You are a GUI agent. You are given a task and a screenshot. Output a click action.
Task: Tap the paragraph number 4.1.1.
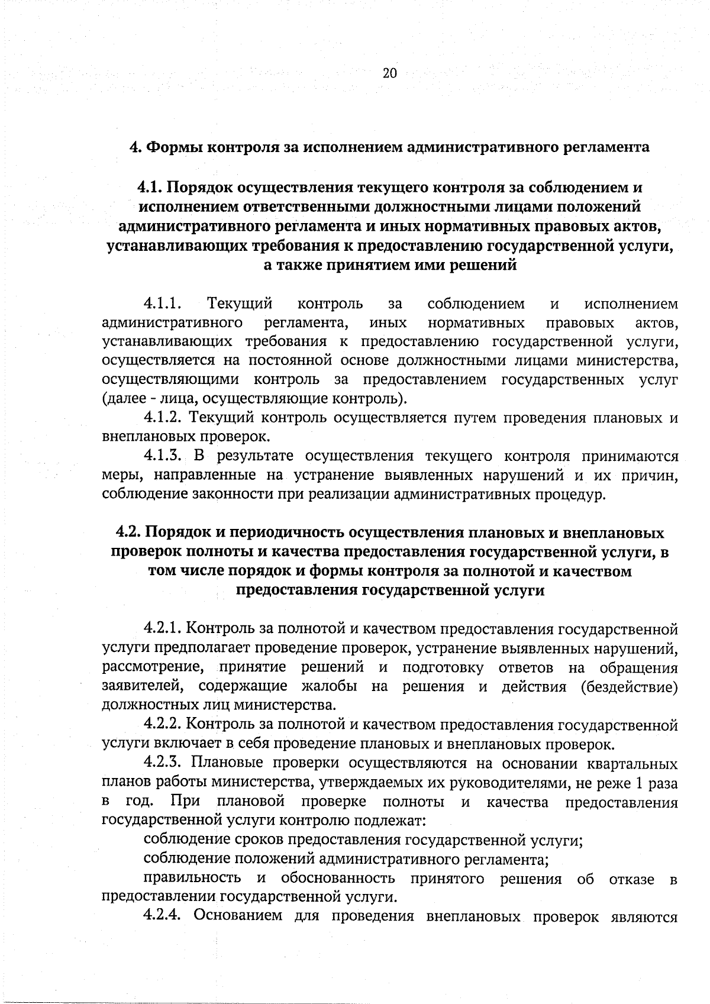162,304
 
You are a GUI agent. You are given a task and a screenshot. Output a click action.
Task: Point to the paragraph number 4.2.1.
163,629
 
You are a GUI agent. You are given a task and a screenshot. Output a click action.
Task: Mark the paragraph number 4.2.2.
163,724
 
